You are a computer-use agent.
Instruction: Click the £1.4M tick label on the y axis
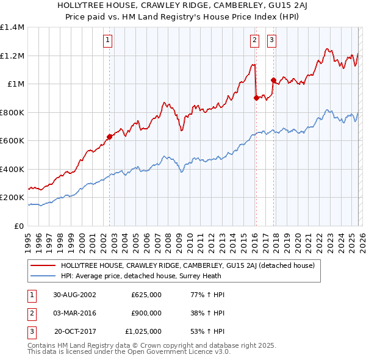[12, 27]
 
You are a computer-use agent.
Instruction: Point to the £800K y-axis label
[12, 112]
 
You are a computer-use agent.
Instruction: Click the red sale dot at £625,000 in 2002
[110, 137]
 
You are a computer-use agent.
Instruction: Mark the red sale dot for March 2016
[256, 98]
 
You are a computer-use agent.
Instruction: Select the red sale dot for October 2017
[273, 80]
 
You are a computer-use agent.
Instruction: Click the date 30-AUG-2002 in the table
[74, 295]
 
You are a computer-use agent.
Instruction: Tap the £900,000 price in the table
[146, 313]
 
